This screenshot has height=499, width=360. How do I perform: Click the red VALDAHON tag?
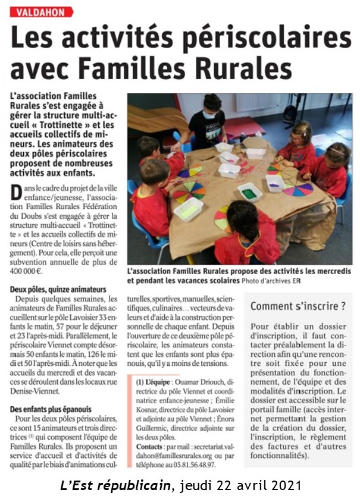41,12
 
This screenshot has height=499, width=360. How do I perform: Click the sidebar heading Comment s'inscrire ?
298,306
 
